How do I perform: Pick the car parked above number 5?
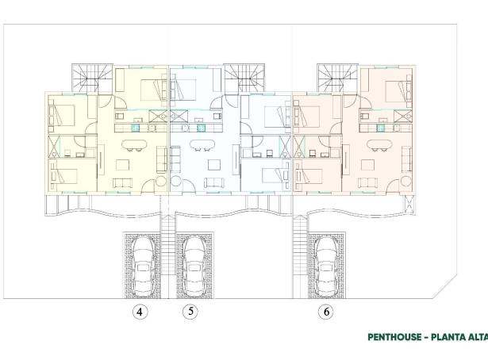194,266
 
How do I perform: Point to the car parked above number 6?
327,266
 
